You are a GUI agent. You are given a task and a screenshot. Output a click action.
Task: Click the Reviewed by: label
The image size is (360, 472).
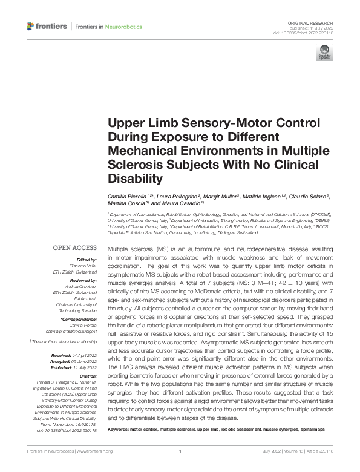[82, 280]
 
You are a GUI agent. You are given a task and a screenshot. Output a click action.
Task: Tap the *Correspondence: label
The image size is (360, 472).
[79, 318]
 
